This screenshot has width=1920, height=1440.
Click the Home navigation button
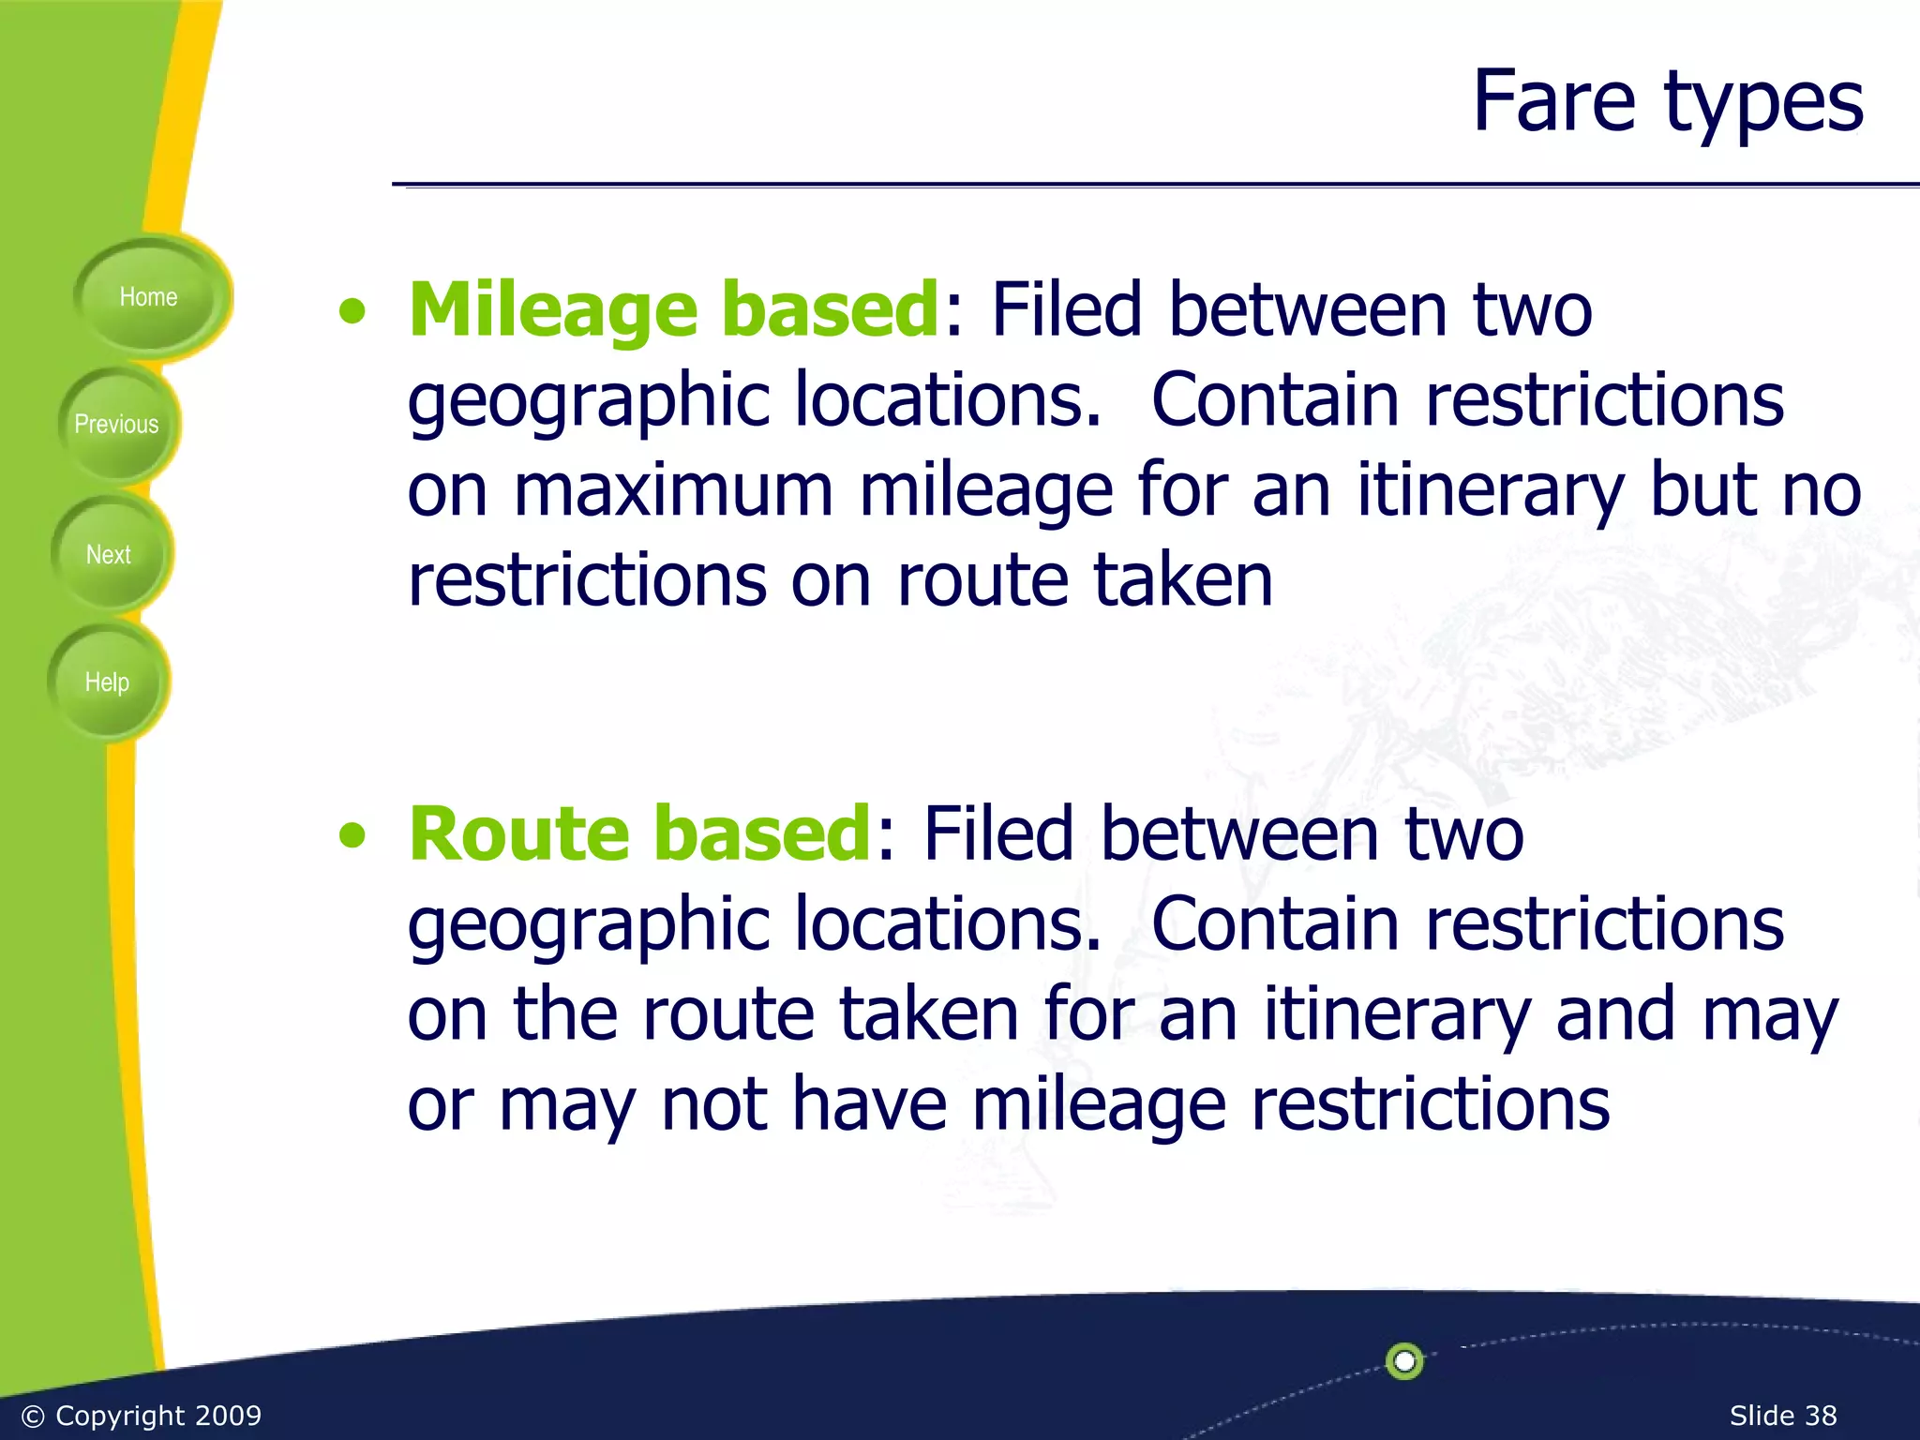[148, 297]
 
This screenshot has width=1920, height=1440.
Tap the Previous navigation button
[116, 425]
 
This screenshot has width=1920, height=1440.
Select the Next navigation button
[109, 554]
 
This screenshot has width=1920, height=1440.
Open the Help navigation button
[107, 682]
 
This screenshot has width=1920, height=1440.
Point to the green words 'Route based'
[640, 833]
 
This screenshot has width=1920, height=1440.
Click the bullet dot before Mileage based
[352, 312]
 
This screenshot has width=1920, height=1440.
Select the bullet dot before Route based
[352, 835]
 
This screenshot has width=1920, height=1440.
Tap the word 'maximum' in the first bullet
[673, 491]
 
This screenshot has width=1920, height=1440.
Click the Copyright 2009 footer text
[141, 1415]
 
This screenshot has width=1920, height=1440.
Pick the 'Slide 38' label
[1782, 1415]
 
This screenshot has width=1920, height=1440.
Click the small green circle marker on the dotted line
[1404, 1360]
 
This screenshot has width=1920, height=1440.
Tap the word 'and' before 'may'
[1614, 1014]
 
